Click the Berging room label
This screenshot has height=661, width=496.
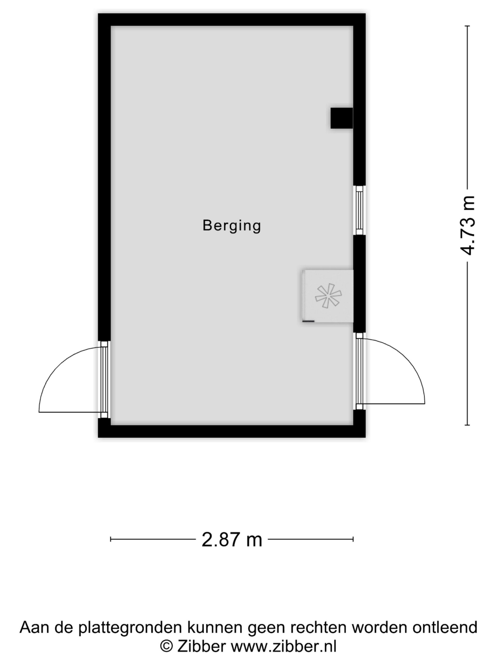coord(232,226)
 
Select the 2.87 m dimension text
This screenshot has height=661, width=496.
coord(232,540)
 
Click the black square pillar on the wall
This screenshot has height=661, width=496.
coord(342,118)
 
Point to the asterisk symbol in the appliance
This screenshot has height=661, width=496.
coord(328,296)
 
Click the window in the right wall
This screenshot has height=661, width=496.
coord(359,210)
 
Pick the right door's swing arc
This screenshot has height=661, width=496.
coord(407,359)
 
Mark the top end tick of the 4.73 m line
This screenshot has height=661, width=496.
coord(467,26)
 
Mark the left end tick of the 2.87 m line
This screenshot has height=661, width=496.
coord(111,539)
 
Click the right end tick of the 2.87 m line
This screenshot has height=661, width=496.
coord(353,539)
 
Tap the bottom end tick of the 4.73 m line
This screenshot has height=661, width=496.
coord(467,425)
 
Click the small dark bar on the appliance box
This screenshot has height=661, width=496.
coord(308,321)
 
